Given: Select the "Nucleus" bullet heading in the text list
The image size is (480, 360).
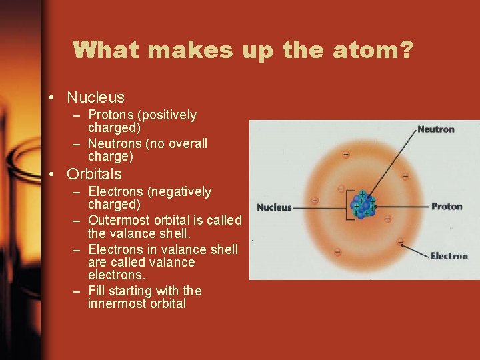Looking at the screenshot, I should click(95, 98).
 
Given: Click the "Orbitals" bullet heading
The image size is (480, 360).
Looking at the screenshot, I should click(94, 174).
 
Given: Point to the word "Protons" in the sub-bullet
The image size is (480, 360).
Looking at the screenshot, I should click(111, 115).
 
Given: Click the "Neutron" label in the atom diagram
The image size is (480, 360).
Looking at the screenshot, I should click(435, 129).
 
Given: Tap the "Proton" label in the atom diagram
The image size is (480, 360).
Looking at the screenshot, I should click(447, 206).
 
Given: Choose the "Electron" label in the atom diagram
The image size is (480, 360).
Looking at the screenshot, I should click(449, 256).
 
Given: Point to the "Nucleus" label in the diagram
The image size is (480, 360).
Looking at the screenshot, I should click(274, 207).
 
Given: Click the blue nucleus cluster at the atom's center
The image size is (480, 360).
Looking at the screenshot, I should click(363, 206).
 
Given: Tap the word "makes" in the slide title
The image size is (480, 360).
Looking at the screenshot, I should click(186, 50).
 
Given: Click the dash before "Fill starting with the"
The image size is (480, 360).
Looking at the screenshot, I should click(77, 291).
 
